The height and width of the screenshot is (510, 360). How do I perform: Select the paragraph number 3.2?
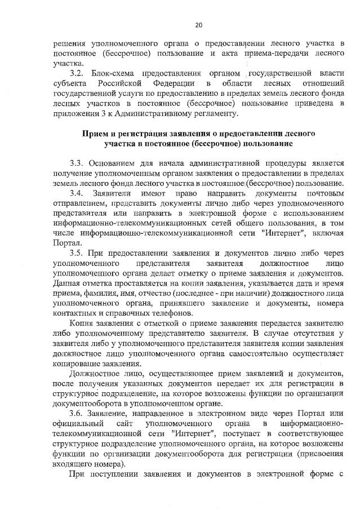[75, 74]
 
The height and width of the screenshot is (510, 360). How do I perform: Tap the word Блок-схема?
[113, 74]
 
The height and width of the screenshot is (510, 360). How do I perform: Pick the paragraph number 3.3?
[75, 163]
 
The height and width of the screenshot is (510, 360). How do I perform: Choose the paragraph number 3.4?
[75, 194]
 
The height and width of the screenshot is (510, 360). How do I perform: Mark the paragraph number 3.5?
[75, 253]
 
